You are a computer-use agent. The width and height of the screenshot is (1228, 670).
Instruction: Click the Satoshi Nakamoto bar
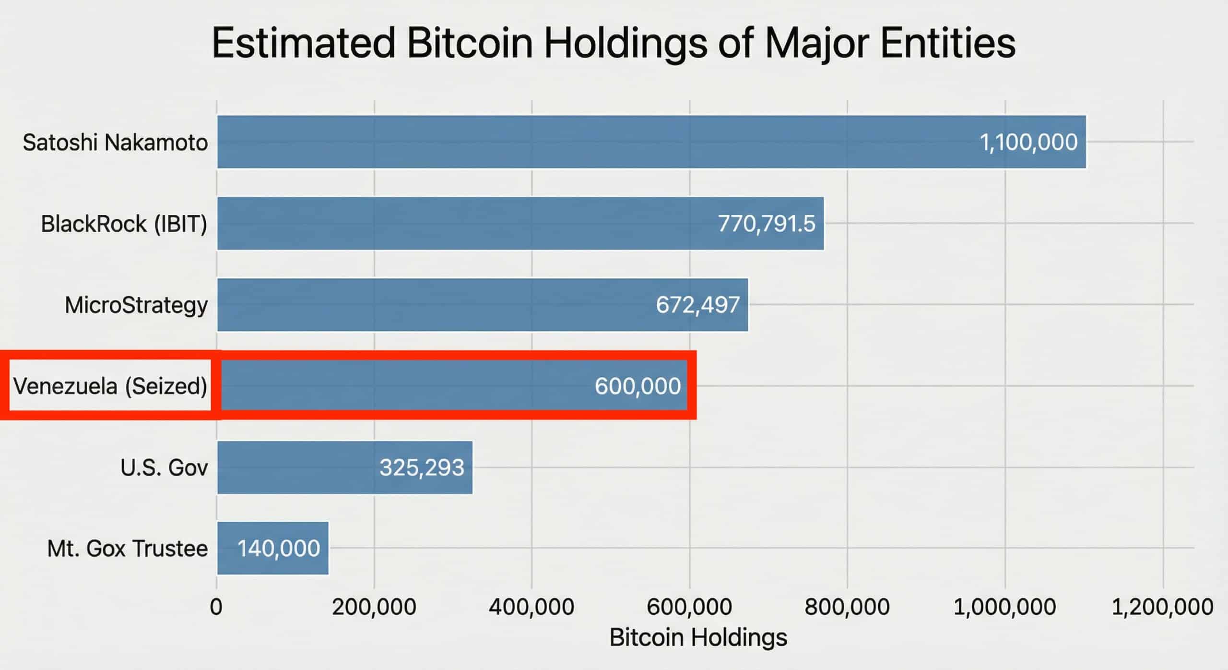[576, 142]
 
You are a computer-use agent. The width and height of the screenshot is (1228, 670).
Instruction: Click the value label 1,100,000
[1028, 142]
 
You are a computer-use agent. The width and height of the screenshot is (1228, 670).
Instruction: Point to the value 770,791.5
[766, 224]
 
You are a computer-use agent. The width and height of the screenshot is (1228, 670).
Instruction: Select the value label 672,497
[697, 305]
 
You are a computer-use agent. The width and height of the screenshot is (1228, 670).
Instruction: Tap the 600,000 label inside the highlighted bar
[638, 386]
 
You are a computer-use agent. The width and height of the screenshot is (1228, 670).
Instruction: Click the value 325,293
[422, 467]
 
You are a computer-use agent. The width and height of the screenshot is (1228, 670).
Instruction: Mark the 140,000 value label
[279, 548]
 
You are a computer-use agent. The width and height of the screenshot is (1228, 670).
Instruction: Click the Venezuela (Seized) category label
[110, 386]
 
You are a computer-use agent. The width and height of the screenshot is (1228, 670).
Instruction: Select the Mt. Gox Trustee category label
[128, 548]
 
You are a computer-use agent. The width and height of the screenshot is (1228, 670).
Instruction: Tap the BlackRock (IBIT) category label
[124, 224]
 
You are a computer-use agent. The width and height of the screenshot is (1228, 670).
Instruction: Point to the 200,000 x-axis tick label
[374, 607]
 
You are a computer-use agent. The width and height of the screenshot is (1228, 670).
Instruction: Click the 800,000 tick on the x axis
[847, 607]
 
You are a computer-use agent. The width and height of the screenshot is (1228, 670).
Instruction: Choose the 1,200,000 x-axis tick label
[1162, 607]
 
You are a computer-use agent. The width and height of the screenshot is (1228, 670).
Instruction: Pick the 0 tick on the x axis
[216, 607]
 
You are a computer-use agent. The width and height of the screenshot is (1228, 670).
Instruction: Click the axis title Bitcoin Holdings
[698, 637]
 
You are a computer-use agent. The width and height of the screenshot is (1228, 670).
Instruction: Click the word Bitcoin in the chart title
[470, 43]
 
